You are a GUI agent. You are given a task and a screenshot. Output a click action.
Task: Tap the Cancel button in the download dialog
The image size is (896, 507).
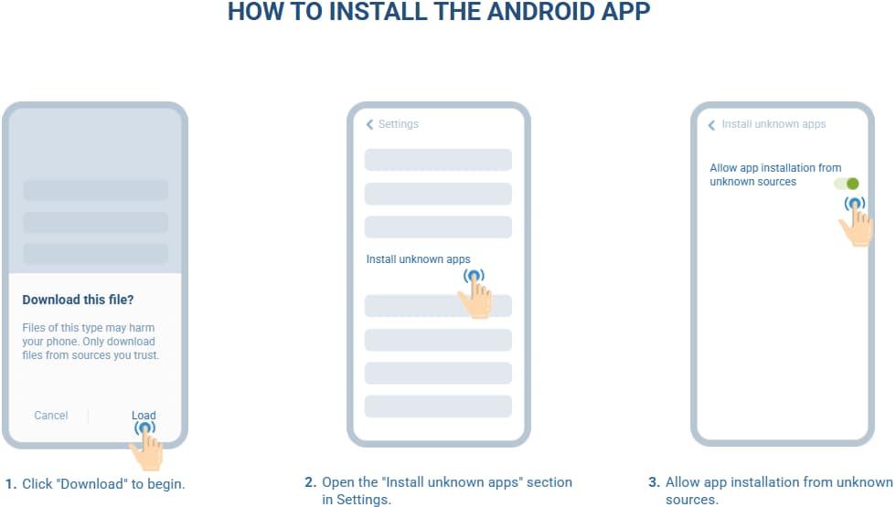coord(51,416)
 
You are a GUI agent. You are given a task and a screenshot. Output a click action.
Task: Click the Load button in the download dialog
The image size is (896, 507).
coord(144,416)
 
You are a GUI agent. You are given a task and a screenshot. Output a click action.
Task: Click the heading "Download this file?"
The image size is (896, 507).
coord(78,300)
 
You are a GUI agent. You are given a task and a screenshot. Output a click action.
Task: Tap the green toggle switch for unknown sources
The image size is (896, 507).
coord(847,184)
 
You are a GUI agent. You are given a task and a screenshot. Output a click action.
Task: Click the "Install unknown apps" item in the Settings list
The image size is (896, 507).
coord(419,259)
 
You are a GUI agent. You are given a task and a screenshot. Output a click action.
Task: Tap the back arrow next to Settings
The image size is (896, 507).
coord(369,124)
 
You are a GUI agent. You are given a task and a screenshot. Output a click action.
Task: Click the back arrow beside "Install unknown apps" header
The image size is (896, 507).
coord(711,125)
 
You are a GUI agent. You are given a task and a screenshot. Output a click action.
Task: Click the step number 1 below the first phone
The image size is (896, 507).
coord(11,484)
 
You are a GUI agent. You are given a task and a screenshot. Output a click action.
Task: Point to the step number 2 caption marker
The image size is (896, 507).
coord(310,482)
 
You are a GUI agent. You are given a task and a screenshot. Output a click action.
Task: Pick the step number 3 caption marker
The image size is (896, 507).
coord(655,482)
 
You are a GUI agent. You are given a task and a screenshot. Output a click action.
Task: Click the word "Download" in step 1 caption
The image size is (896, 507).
coord(92,484)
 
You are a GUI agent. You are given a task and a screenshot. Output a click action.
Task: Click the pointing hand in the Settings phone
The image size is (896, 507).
coord(475,294)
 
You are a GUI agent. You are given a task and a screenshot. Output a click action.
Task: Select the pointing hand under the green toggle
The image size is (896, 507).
coord(856,223)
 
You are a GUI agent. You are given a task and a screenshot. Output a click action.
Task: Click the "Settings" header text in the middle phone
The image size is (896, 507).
coord(399,124)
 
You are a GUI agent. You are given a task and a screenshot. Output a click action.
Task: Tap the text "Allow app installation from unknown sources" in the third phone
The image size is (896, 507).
coord(775,174)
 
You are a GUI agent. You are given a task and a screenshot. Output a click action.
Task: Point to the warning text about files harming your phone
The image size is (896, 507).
coord(91,342)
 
